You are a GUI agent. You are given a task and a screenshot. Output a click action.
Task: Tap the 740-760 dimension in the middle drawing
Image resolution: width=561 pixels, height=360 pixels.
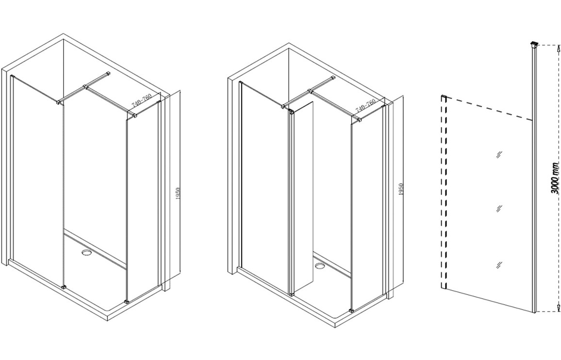click(x=365, y=105)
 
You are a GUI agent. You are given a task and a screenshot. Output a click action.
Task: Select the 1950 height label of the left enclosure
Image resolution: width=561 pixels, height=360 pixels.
click(x=178, y=195)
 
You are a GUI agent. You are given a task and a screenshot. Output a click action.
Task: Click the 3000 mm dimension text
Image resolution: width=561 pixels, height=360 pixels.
click(x=555, y=183)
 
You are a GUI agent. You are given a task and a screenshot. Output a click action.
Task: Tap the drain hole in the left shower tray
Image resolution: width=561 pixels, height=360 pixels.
click(x=86, y=253)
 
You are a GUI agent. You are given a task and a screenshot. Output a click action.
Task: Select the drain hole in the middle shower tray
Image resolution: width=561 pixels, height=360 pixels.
click(x=319, y=266)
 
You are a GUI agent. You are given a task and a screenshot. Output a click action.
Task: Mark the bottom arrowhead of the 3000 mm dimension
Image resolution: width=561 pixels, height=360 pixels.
click(x=558, y=307)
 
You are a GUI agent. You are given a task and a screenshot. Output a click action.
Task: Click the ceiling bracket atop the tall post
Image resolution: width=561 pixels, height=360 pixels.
click(x=534, y=45)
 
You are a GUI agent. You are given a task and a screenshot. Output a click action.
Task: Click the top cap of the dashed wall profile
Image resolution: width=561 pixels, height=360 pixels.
click(x=444, y=97)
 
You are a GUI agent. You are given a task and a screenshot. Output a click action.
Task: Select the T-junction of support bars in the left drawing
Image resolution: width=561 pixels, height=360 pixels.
click(x=85, y=86)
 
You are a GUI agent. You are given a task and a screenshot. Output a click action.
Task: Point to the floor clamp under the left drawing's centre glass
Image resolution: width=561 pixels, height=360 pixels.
click(x=64, y=287)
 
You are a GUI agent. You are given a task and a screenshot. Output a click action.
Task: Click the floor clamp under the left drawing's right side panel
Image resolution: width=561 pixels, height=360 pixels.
click(x=126, y=301)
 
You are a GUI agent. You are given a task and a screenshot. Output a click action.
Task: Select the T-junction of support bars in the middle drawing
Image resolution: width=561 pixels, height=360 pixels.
click(x=310, y=91)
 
